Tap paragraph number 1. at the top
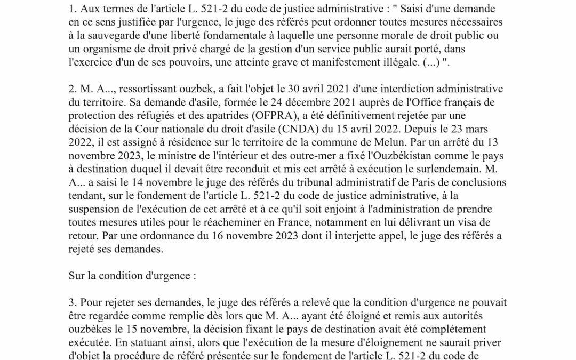point(73,9)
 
